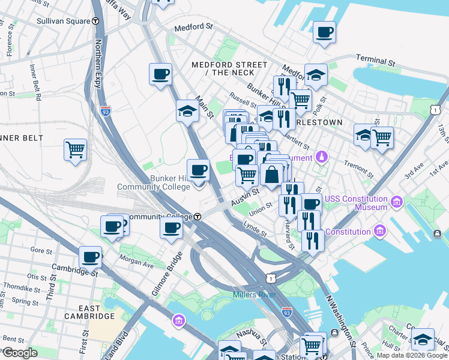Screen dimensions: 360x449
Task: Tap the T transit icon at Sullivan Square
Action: (95, 21)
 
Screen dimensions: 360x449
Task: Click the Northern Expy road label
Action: (98, 66)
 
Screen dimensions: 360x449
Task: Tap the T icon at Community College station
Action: (196, 217)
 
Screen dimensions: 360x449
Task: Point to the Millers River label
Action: (253, 295)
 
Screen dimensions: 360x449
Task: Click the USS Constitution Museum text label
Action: (355, 203)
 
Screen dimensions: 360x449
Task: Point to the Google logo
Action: (20, 353)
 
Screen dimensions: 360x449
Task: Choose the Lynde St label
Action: (255, 228)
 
